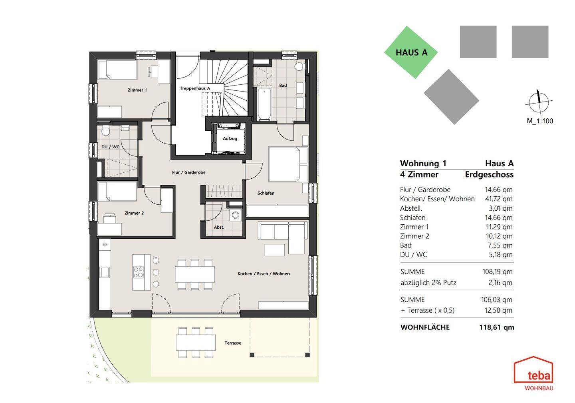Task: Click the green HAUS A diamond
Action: (411, 52)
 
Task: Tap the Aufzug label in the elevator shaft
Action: (230, 138)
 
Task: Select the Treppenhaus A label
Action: (195, 88)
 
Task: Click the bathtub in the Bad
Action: (264, 104)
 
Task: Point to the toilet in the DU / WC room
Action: (105, 131)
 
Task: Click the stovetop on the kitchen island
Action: (138, 272)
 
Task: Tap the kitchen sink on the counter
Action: (105, 272)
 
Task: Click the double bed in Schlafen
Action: (288, 164)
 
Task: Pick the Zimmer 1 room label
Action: (137, 90)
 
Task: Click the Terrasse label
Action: (233, 343)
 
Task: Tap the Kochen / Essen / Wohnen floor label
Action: (264, 274)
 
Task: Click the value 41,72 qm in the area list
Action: (498, 199)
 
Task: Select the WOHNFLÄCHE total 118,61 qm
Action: (496, 327)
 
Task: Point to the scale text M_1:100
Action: (540, 121)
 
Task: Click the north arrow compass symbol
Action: (539, 102)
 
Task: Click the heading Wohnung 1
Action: (423, 164)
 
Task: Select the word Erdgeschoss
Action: (489, 175)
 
